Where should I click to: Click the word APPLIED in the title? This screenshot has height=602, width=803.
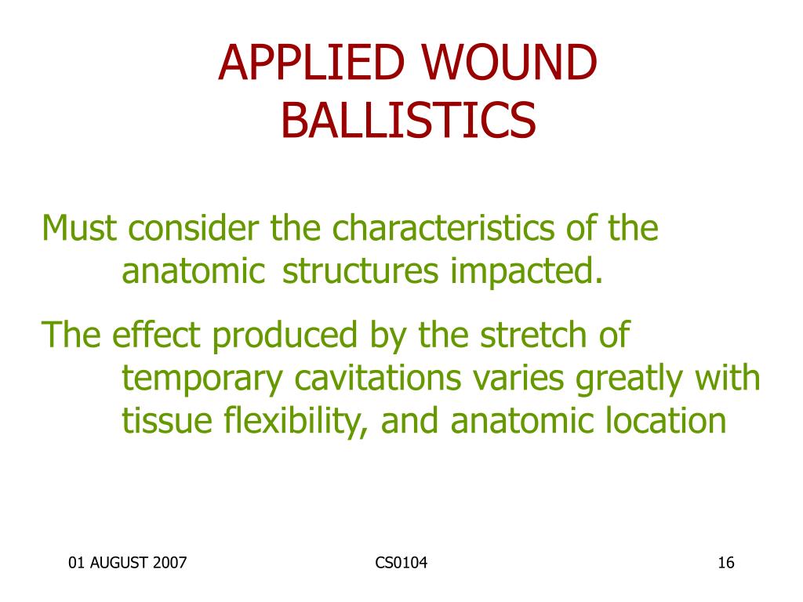[311, 63]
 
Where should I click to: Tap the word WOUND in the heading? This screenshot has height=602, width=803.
[509, 63]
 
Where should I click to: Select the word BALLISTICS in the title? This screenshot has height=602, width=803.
[408, 120]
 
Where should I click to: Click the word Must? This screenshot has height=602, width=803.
[79, 227]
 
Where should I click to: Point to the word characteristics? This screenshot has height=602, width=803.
[444, 227]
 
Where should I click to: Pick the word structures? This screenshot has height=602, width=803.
[361, 270]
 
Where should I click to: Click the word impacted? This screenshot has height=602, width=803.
[526, 270]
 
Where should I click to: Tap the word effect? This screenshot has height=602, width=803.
[156, 335]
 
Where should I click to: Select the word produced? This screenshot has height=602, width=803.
[285, 336]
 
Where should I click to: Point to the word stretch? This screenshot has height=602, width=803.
[533, 335]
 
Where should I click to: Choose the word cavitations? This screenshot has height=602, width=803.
[378, 379]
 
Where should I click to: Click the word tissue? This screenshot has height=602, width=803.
[167, 421]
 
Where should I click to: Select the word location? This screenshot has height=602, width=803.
[666, 420]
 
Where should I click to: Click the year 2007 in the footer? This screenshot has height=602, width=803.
[169, 563]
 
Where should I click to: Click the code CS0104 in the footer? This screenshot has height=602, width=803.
[401, 563]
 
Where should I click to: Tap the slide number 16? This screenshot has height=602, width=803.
[726, 563]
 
